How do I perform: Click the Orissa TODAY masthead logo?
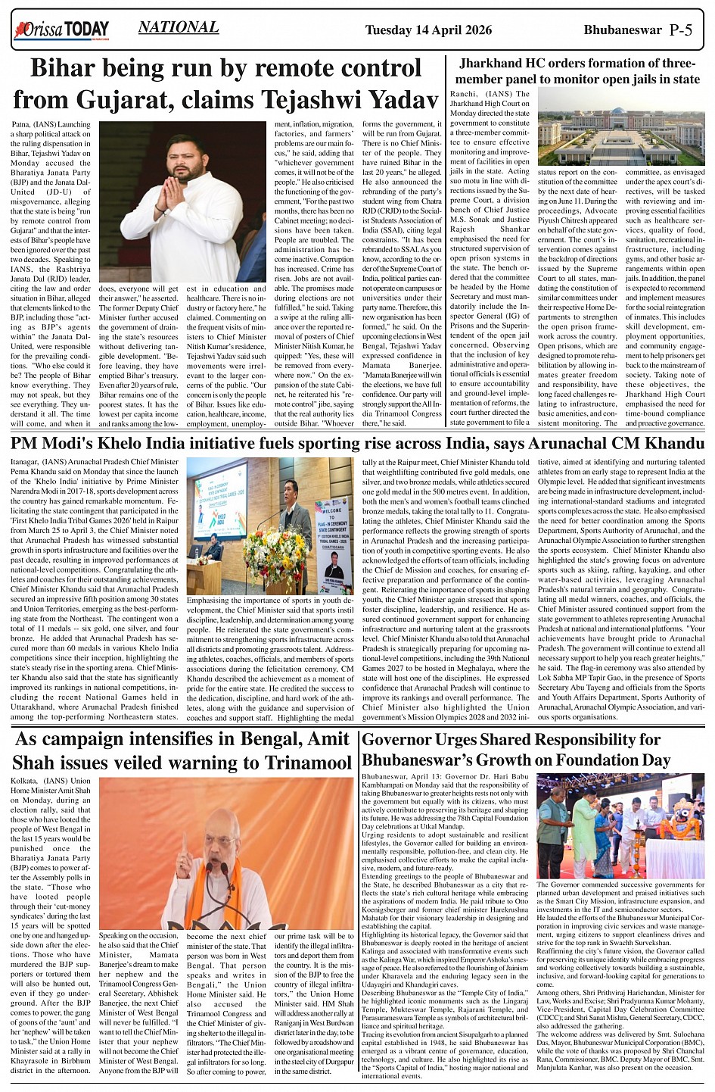coord(61,30)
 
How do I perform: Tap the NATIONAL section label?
coord(179,27)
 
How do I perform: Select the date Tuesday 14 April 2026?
coord(428,30)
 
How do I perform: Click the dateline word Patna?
coord(23,124)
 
